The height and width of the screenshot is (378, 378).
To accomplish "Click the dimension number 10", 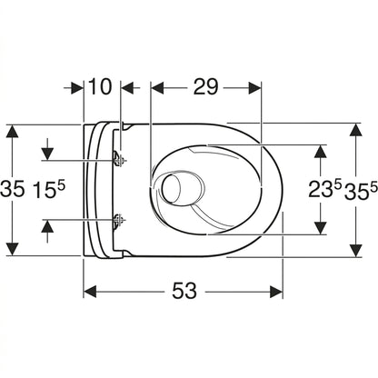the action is [x=100, y=87].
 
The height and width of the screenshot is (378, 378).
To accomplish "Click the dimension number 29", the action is [x=205, y=87].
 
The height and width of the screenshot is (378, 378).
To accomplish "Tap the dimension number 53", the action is [x=184, y=291].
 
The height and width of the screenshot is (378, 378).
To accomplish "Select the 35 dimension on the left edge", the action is [x=12, y=190].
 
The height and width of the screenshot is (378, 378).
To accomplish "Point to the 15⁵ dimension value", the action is [x=49, y=190].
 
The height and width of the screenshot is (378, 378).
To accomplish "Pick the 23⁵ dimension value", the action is [x=325, y=190].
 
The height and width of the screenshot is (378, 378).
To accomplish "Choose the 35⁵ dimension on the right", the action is [x=361, y=190].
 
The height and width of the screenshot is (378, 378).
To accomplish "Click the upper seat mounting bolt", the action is [x=118, y=159].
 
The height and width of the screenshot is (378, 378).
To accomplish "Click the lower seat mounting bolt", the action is [x=118, y=220].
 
